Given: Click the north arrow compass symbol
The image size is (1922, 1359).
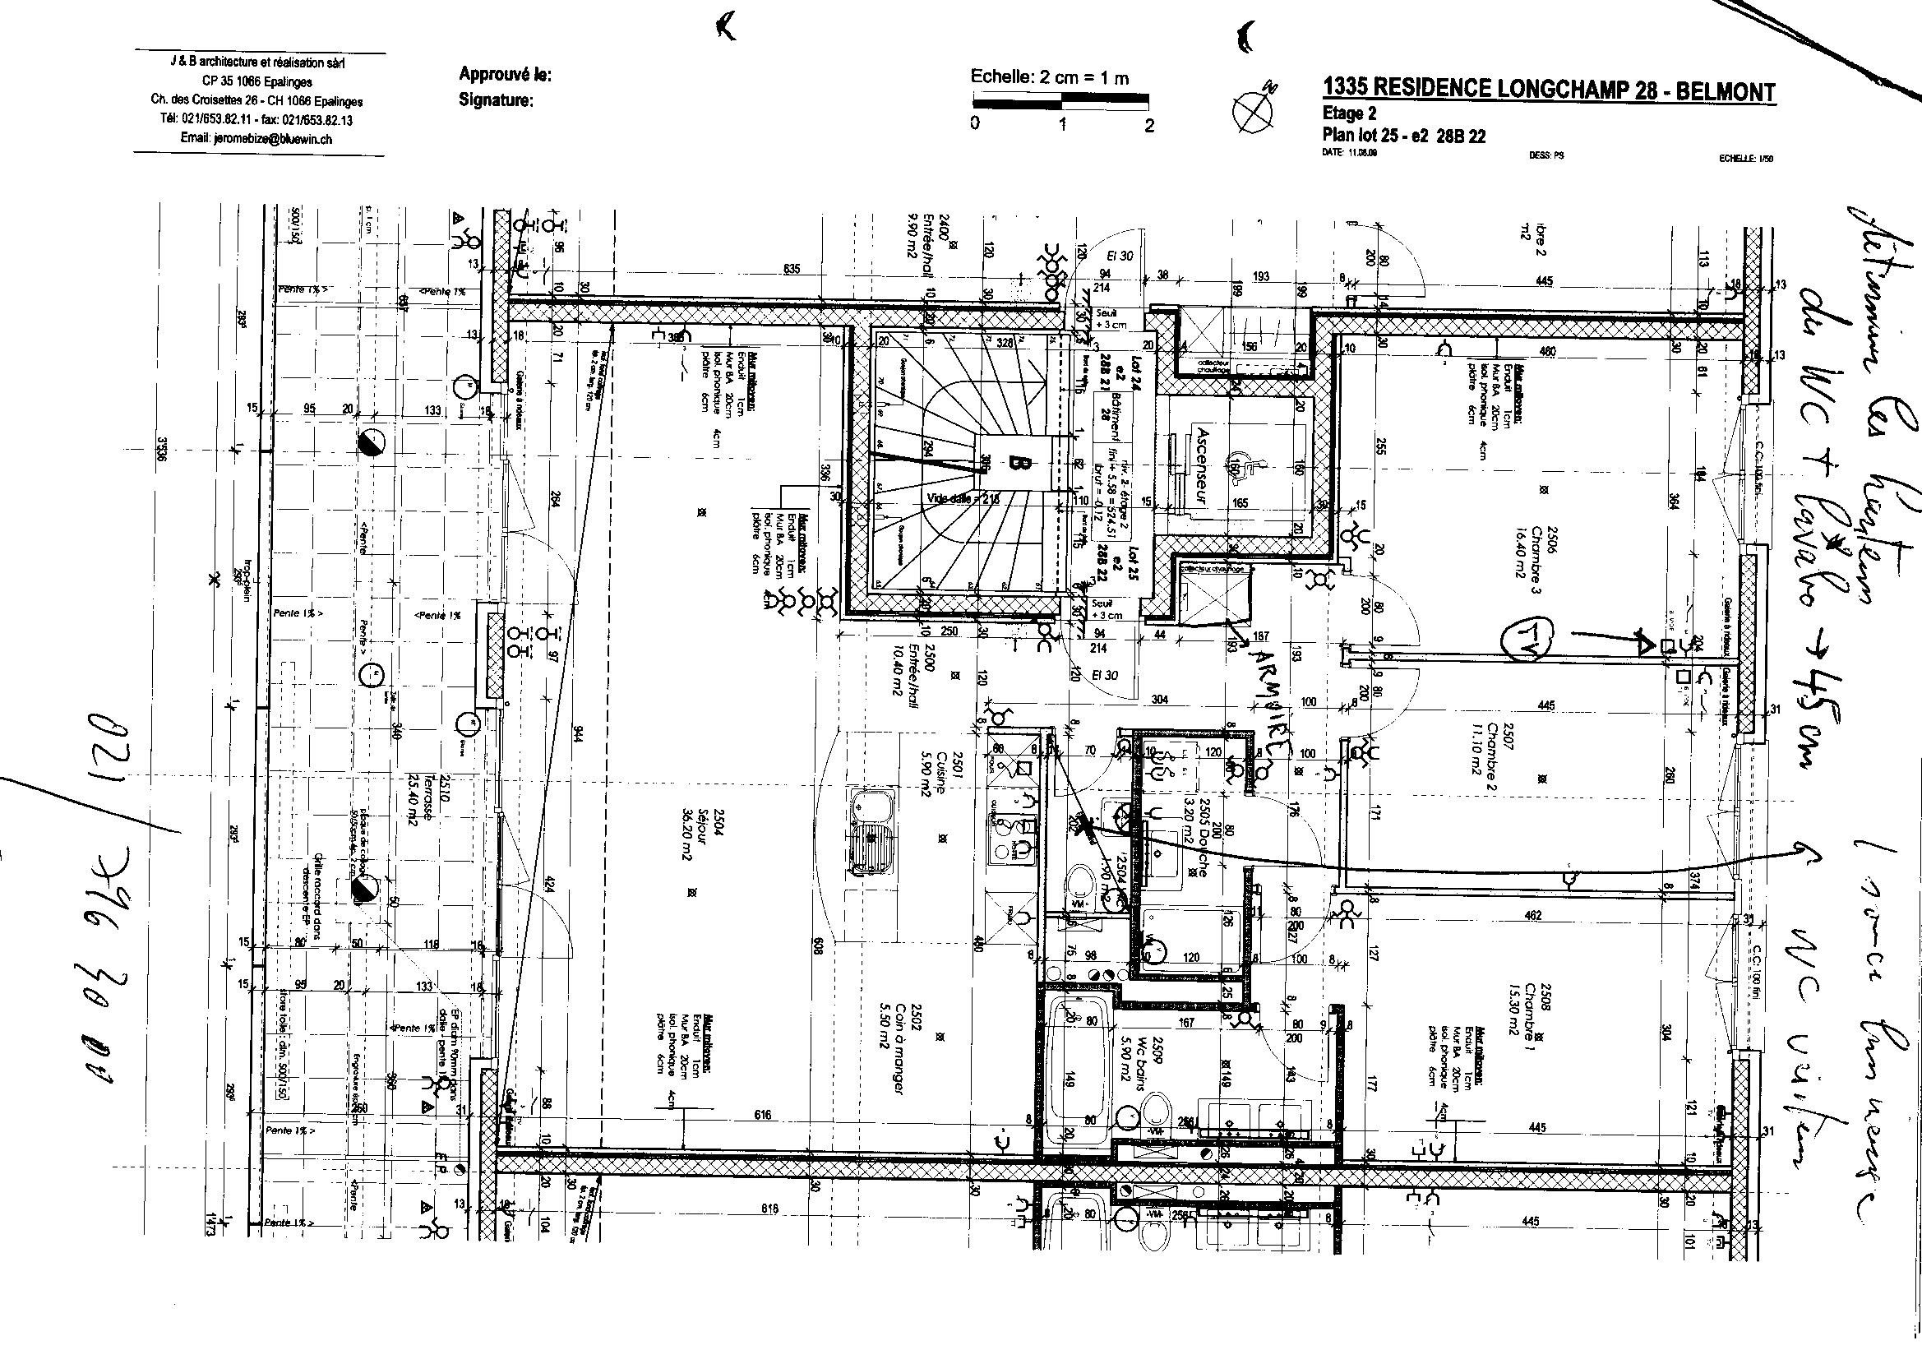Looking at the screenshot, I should tap(1253, 108).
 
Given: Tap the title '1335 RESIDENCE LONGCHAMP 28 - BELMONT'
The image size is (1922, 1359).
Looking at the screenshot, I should tap(1548, 90).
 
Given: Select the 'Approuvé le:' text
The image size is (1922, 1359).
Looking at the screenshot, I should tap(505, 75).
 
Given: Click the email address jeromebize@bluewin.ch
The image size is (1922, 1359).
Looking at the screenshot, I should tap(256, 139).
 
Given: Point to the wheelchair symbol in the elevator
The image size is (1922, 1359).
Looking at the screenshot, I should tap(1238, 465).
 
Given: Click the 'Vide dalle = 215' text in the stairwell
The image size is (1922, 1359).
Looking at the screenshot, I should tap(963, 498).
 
